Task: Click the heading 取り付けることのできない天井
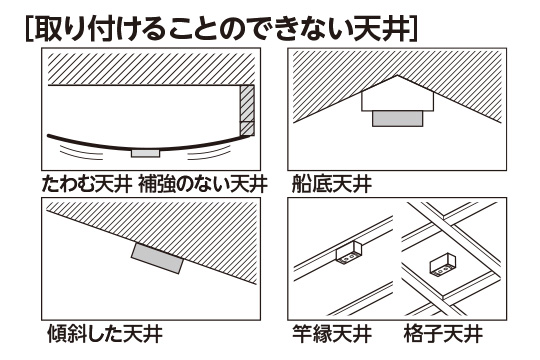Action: [x=221, y=29]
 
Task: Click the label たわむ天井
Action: [x=87, y=184]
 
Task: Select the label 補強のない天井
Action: [x=203, y=184]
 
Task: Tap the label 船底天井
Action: [x=331, y=184]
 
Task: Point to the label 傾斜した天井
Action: [x=105, y=333]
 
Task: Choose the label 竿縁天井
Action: [x=331, y=333]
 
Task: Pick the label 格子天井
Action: [x=443, y=333]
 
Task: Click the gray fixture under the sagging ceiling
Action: [x=145, y=153]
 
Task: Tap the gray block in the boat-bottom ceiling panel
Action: [x=397, y=119]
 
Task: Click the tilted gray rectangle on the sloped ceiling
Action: [x=157, y=258]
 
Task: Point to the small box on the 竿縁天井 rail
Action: [x=348, y=253]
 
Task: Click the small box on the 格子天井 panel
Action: [x=443, y=265]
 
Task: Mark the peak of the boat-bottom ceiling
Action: [x=397, y=75]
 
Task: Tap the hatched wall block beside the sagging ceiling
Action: [x=247, y=110]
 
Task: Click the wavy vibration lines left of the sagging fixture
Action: [x=81, y=152]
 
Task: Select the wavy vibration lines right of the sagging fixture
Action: [x=209, y=152]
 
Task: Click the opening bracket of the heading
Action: [x=29, y=29]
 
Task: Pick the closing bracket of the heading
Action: [x=414, y=29]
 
